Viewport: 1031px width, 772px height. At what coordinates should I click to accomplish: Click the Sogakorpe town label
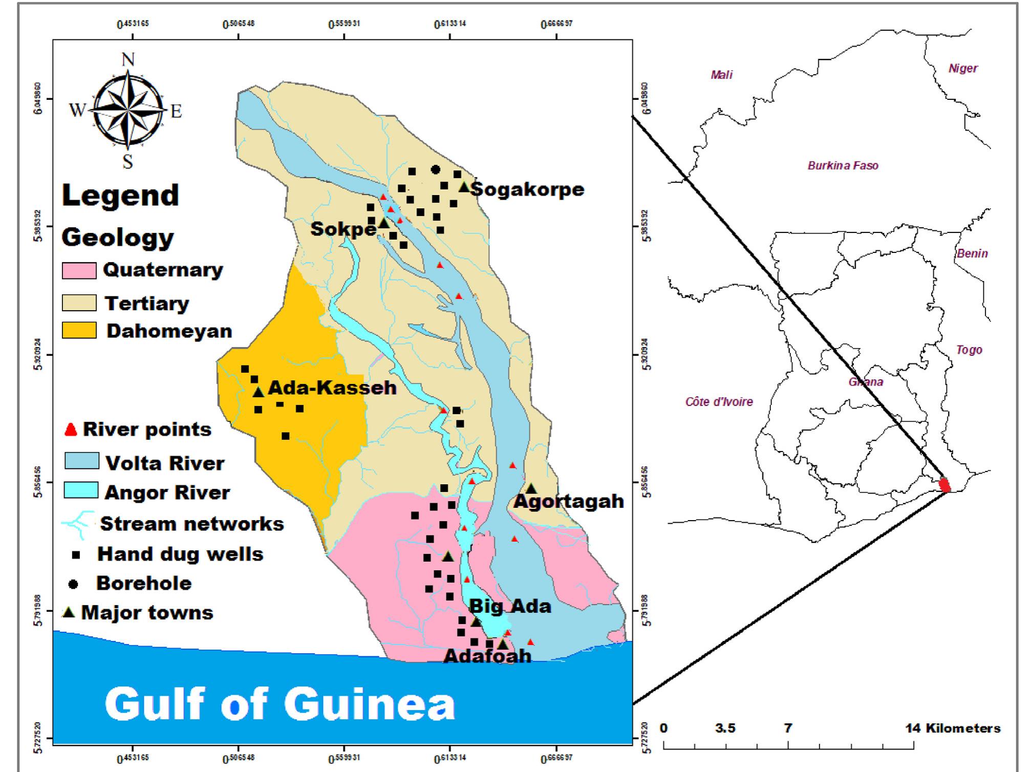[x=527, y=189]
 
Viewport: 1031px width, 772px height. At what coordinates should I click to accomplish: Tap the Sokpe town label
[x=343, y=229]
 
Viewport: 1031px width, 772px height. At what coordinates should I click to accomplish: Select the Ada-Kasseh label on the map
[x=332, y=388]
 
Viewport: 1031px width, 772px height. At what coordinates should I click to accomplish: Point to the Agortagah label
[x=569, y=501]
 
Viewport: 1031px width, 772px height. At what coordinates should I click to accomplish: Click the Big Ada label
[x=510, y=607]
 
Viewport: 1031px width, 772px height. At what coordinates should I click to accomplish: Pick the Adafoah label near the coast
[x=487, y=656]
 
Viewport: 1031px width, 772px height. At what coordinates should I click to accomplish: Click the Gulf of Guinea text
[x=280, y=704]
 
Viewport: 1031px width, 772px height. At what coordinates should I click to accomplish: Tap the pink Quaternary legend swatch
[x=79, y=271]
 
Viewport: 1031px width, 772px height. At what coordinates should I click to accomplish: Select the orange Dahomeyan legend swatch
[x=79, y=331]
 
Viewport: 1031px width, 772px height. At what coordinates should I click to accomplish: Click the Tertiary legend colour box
[x=79, y=303]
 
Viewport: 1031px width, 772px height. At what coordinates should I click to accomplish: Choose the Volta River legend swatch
[x=81, y=461]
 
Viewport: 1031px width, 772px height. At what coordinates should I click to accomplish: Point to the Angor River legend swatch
[x=81, y=490]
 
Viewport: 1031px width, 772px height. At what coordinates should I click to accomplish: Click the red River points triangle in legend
[x=71, y=430]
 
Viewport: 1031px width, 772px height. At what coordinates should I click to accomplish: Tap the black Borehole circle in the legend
[x=74, y=584]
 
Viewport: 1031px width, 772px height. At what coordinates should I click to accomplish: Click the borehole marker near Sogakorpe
[x=436, y=169]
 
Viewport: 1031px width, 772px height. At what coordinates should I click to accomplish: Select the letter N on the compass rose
[x=128, y=60]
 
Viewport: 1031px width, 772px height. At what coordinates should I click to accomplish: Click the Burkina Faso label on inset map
[x=843, y=166]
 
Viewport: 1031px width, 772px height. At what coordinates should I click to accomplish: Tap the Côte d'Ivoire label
[x=719, y=402]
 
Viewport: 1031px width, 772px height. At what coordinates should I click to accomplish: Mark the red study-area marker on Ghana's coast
[x=945, y=484]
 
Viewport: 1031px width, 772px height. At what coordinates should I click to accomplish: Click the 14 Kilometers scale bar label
[x=953, y=728]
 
